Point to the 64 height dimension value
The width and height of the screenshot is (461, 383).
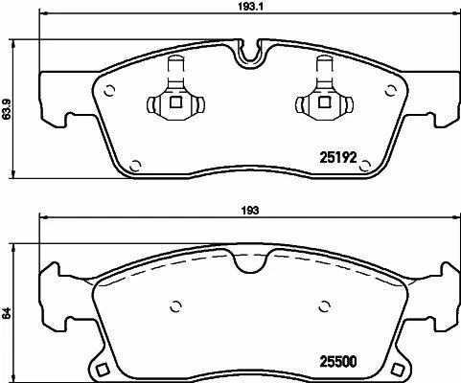8,311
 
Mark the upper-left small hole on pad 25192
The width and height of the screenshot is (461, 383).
110,91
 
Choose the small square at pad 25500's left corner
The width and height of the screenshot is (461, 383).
100,369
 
